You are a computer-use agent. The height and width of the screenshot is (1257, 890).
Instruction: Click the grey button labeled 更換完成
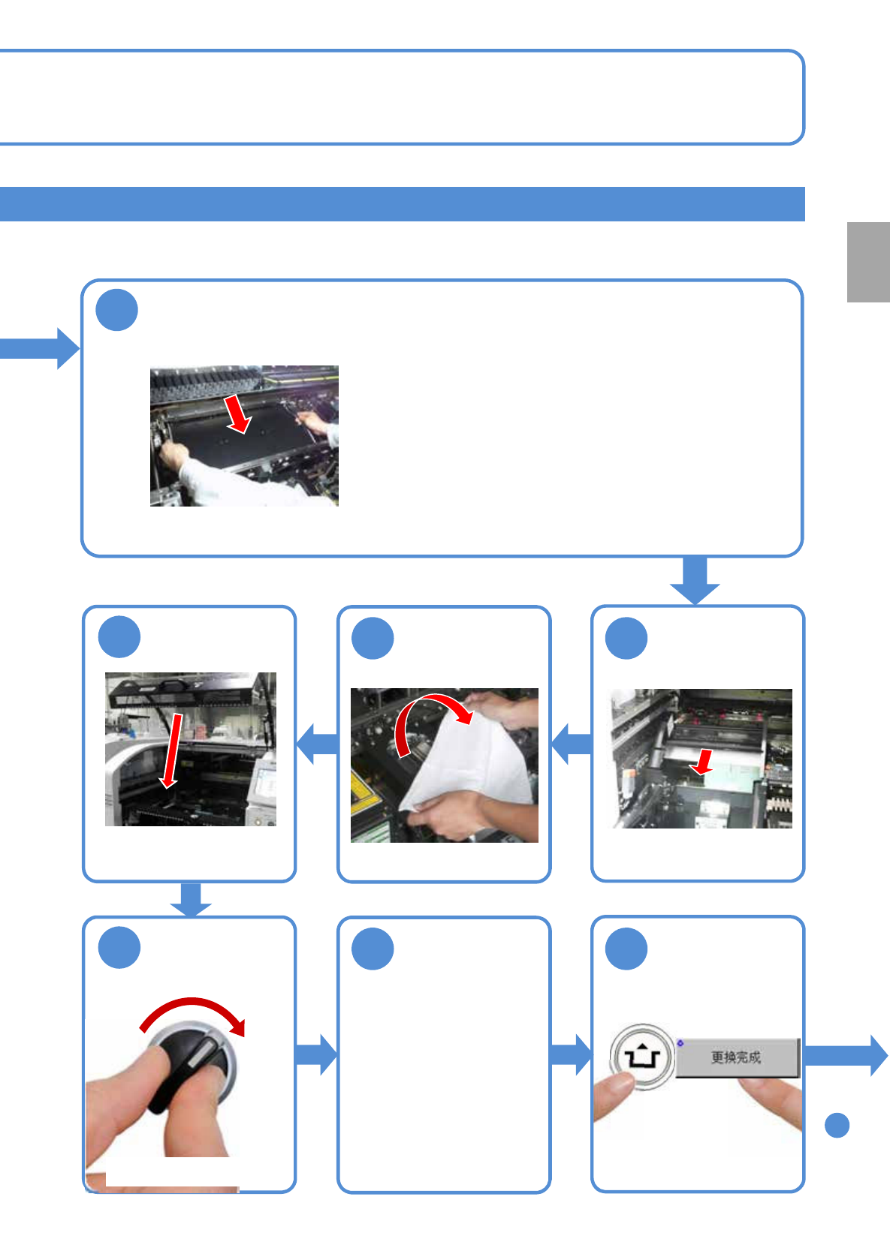(x=738, y=1058)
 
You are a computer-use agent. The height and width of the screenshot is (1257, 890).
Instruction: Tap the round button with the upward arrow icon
(x=642, y=1057)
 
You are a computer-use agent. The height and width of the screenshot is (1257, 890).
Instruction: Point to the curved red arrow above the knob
(x=194, y=1010)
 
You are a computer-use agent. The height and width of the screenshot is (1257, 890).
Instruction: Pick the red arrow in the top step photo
(x=238, y=414)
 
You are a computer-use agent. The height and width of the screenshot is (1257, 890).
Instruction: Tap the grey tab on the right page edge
(x=868, y=262)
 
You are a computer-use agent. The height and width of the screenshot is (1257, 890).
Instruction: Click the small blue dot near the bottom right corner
(x=837, y=1125)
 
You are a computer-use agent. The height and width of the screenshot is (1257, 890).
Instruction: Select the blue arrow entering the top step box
(x=39, y=348)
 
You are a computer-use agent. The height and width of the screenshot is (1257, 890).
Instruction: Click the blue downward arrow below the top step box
(x=695, y=581)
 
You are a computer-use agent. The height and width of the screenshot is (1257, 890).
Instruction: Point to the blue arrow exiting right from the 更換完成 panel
(x=846, y=1056)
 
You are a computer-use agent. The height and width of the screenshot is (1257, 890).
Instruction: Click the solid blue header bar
(x=403, y=204)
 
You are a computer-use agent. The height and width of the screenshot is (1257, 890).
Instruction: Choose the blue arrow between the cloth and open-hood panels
(x=318, y=744)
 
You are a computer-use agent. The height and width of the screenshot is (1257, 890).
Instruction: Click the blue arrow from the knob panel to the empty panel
(x=316, y=1055)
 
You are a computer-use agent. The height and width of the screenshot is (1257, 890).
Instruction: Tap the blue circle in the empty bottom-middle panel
(x=373, y=949)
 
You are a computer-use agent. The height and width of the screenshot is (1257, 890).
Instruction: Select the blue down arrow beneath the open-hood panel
(x=191, y=900)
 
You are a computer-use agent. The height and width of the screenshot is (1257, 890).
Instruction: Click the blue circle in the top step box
(x=117, y=310)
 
